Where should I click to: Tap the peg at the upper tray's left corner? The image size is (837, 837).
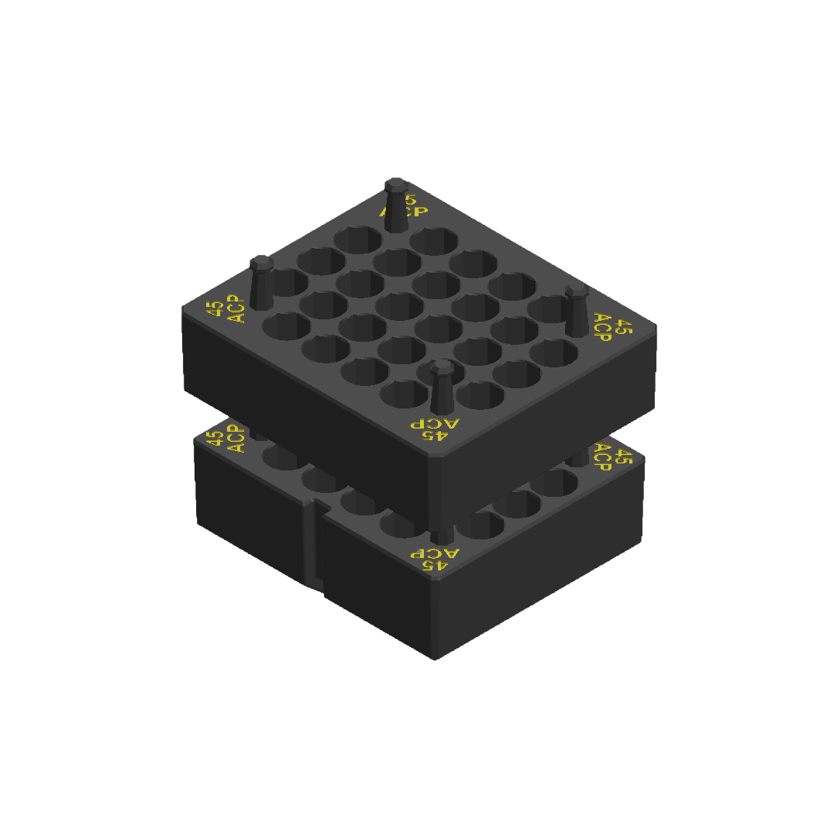261,283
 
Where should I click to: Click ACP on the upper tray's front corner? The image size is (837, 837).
435,423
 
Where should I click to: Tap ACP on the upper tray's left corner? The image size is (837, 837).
236,309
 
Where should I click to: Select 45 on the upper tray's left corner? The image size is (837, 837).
217,308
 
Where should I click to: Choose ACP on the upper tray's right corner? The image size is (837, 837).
602,326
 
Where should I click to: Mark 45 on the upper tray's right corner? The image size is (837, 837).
623,329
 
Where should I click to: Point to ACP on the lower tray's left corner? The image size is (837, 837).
236,439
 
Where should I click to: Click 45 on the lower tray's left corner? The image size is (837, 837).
214,438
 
